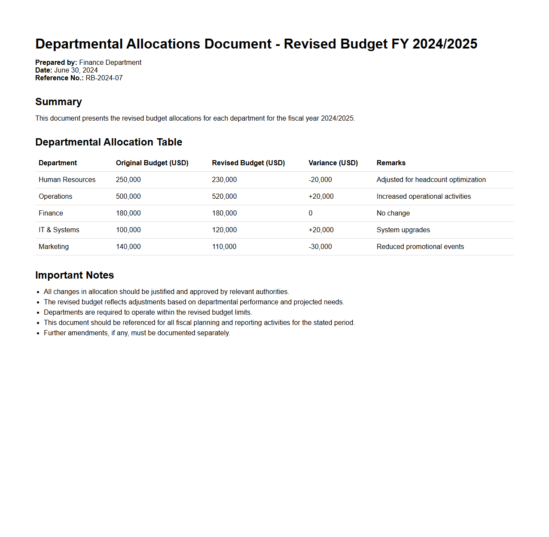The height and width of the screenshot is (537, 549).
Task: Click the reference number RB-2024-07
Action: point(104,78)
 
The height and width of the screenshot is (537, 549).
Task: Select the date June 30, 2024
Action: point(76,70)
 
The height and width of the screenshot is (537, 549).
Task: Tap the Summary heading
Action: point(58,102)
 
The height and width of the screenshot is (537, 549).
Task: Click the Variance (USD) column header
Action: point(333,163)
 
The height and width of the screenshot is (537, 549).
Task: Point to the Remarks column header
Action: point(391,163)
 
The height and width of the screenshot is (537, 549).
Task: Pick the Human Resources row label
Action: point(67,180)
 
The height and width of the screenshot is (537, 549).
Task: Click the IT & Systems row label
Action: point(59,230)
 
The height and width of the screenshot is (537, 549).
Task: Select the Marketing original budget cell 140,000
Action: point(128,247)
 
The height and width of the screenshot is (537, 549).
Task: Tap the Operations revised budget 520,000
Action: point(224,197)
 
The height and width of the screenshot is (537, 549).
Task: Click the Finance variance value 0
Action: point(311,213)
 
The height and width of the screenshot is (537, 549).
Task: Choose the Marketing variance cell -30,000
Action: point(320,247)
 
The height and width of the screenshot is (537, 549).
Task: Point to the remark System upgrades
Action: point(403,230)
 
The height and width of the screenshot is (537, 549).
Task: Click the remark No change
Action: point(393,213)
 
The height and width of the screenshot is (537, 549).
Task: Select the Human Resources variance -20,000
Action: point(320,180)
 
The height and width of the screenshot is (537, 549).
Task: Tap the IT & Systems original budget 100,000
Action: point(128,230)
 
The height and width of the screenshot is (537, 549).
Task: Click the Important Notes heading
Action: point(74,275)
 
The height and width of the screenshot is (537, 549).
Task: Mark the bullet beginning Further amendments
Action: point(137,333)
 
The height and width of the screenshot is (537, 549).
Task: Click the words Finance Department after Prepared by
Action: point(110,63)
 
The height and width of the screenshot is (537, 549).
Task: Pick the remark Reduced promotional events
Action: point(420,247)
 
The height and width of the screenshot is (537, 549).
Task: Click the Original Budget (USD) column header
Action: point(152,163)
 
